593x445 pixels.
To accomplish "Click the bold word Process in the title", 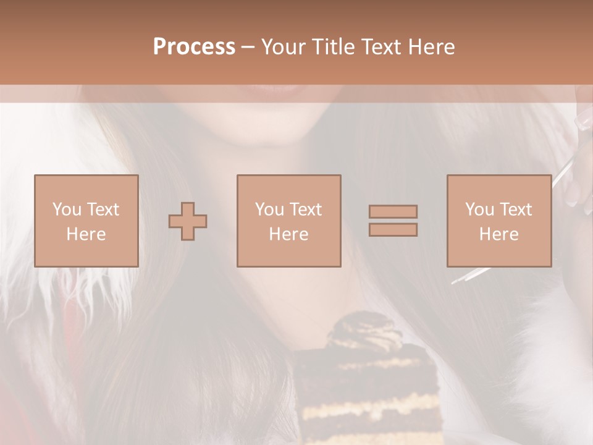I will pyautogui.click(x=194, y=47).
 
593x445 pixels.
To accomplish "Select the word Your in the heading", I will pyautogui.click(x=284, y=47).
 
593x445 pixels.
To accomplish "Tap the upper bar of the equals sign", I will pyautogui.click(x=393, y=211).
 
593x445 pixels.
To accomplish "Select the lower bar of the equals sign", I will pyautogui.click(x=393, y=229).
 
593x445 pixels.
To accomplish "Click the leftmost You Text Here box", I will pyautogui.click(x=86, y=221).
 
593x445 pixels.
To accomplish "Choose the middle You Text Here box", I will pyautogui.click(x=288, y=221).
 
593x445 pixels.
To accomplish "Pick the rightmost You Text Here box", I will pyautogui.click(x=498, y=221).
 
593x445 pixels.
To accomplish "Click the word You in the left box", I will pyautogui.click(x=66, y=210).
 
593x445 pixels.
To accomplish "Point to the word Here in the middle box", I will pyautogui.click(x=288, y=234).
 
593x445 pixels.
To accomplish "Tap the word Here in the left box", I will pyautogui.click(x=86, y=234).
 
